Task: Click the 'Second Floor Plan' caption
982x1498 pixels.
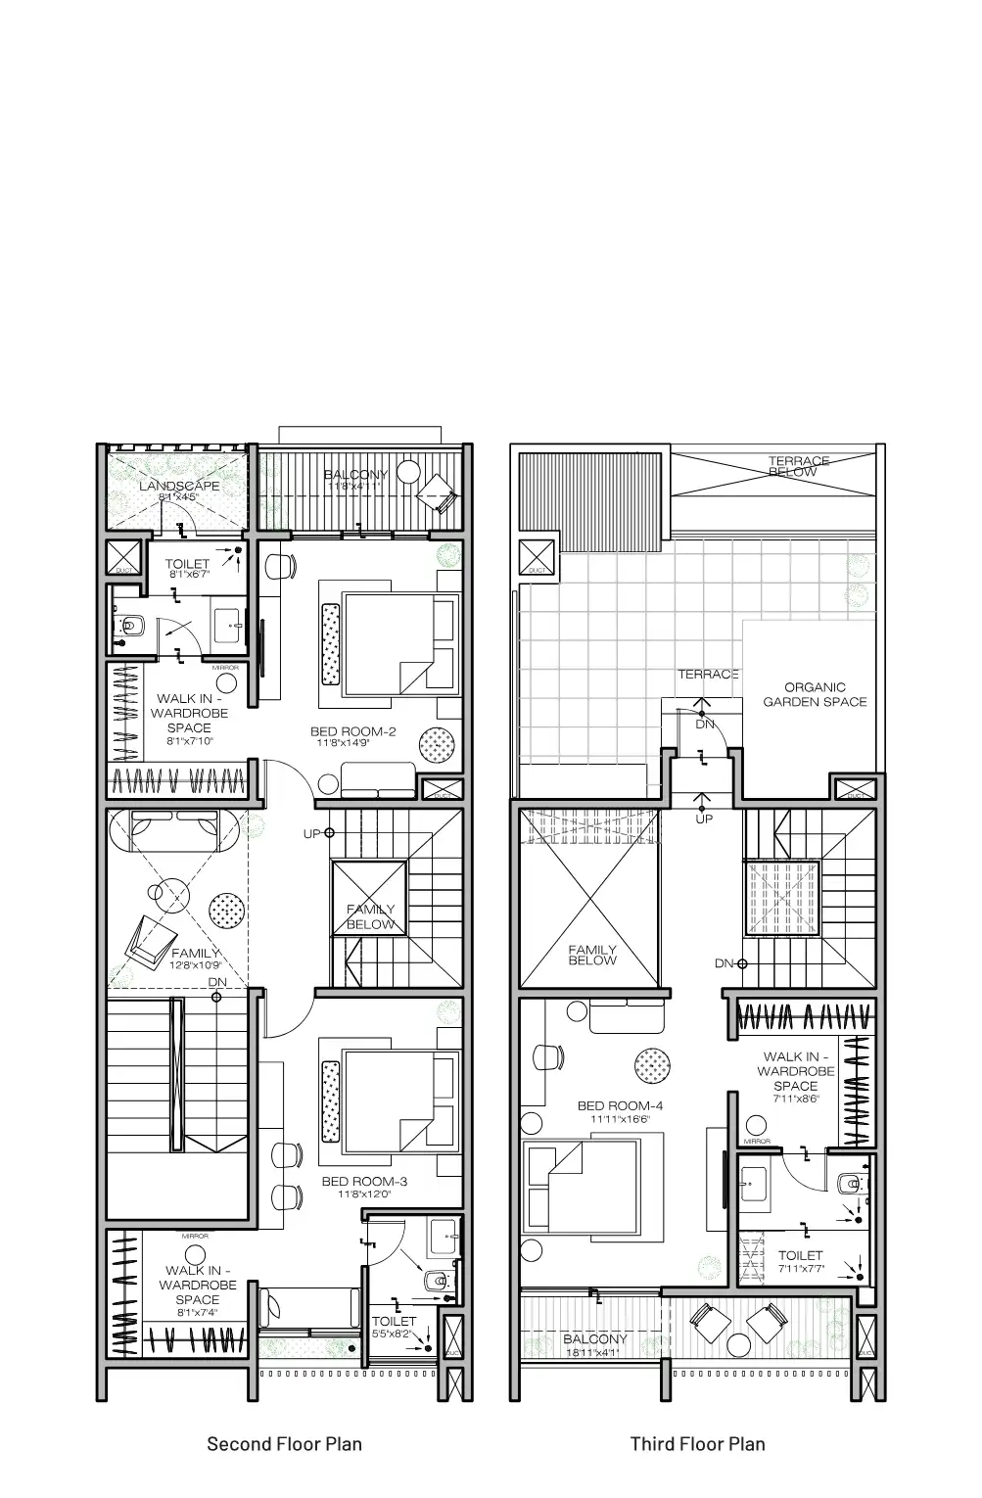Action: click(x=284, y=1443)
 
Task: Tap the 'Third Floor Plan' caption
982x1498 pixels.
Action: click(x=697, y=1443)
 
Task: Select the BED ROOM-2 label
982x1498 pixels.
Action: click(x=352, y=731)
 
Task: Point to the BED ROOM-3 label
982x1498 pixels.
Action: click(x=364, y=1181)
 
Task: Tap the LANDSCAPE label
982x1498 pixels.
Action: click(x=179, y=486)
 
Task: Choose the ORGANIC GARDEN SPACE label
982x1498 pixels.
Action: click(x=815, y=694)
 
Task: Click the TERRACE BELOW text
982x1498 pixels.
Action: click(x=798, y=467)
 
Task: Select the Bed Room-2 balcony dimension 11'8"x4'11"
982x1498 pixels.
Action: click(x=357, y=486)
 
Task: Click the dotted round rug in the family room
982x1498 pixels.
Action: click(x=226, y=910)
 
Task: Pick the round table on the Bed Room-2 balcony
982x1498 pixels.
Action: click(x=408, y=476)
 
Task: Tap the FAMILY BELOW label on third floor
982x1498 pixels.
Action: click(x=592, y=956)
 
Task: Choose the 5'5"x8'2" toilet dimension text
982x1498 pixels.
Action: click(x=394, y=1334)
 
